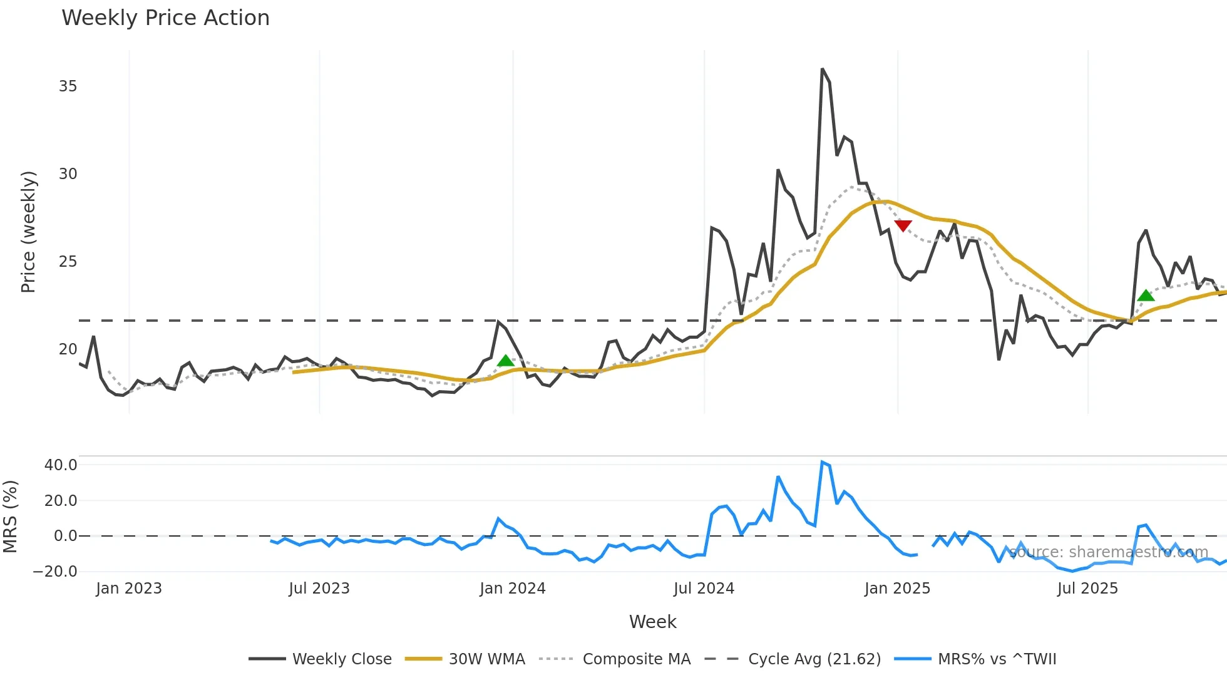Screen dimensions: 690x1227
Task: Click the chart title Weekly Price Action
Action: pos(165,18)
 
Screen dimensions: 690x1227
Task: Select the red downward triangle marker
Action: pos(903,225)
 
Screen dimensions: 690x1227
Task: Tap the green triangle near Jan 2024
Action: pos(506,361)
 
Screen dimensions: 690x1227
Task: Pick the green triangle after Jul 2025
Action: pos(1146,296)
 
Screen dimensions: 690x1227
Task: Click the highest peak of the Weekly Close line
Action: pos(823,70)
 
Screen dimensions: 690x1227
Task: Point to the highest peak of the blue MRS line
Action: pos(822,462)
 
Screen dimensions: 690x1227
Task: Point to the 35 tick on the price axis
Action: pos(68,86)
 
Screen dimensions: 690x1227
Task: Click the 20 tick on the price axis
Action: pos(68,349)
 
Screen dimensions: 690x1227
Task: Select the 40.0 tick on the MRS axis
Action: pos(61,465)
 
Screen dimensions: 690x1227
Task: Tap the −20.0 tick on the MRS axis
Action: pos(55,572)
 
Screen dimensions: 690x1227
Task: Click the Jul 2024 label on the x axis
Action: pos(704,589)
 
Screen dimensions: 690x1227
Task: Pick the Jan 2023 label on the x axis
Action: pos(129,589)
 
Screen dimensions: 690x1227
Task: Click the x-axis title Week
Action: pos(652,622)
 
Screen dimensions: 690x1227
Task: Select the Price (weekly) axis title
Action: pos(29,232)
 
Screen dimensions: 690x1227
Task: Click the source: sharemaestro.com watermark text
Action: pos(1108,552)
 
